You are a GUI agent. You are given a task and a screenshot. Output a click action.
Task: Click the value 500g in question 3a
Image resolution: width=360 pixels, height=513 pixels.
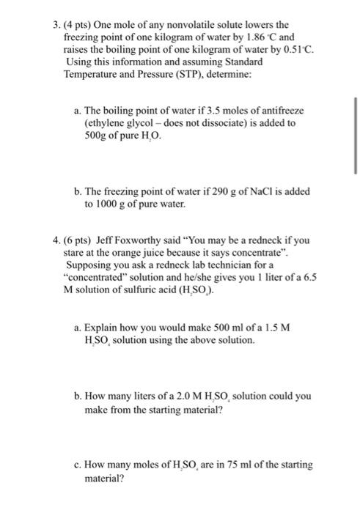click(x=98, y=136)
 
